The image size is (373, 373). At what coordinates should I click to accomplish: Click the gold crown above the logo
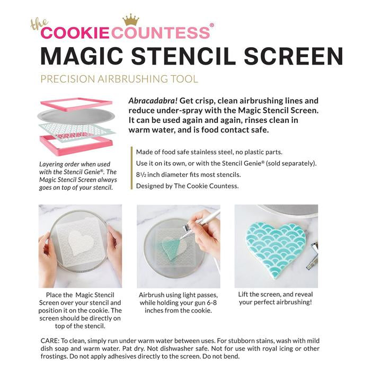[130, 20]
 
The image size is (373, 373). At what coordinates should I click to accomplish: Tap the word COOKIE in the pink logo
[75, 33]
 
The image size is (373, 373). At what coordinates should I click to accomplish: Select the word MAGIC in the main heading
[82, 56]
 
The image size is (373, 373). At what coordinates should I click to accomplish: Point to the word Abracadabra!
[153, 101]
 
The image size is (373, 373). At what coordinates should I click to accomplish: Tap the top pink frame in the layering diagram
[76, 104]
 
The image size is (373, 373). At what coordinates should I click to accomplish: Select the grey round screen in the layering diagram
[76, 117]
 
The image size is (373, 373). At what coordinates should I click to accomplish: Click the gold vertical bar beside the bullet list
[131, 168]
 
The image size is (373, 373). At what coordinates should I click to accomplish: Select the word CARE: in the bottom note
[50, 341]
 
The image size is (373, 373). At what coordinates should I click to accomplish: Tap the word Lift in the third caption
[243, 294]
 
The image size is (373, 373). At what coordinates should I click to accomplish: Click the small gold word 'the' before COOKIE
[39, 24]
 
